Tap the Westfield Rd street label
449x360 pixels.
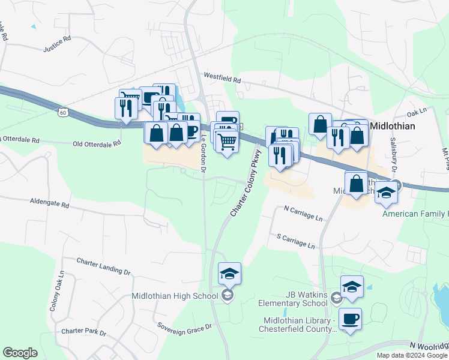click(222, 78)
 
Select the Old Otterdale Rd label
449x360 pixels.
click(97, 143)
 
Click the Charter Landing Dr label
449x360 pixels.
click(103, 266)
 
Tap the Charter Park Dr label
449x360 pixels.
click(83, 332)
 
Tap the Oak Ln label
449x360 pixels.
click(416, 112)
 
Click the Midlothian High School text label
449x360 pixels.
click(175, 296)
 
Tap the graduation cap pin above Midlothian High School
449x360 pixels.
click(229, 274)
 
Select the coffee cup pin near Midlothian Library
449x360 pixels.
click(350, 319)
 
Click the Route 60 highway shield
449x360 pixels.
click(63, 112)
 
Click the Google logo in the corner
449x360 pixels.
click(20, 353)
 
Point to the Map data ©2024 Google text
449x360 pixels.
click(411, 355)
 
